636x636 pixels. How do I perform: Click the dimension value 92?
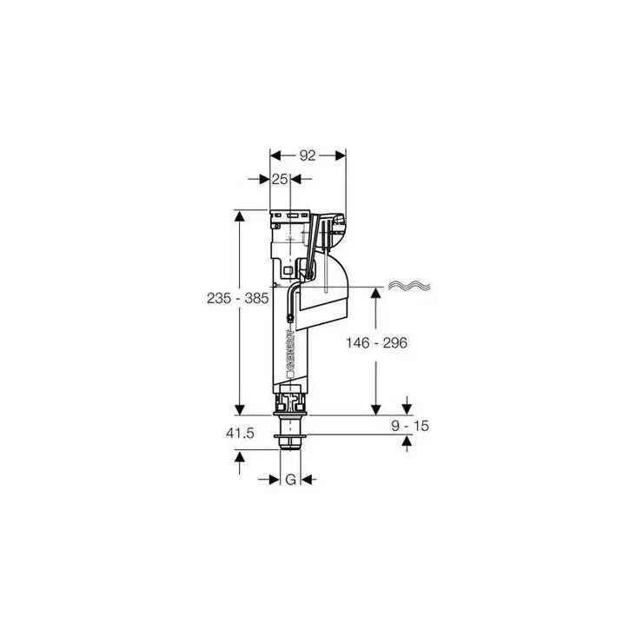coord(308,156)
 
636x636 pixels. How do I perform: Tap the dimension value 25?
coord(279,179)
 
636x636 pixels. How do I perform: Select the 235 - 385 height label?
coord(236,297)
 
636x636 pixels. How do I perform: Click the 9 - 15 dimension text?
coord(410,426)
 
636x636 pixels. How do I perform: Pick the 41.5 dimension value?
coord(238,434)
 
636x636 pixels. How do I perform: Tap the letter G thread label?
coord(291,479)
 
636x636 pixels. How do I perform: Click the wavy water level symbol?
coord(408,285)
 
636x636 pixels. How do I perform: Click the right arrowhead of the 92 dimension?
coord(341,156)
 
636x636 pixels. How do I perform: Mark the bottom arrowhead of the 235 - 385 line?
coord(238,409)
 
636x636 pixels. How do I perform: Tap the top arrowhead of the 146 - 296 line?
coord(375,291)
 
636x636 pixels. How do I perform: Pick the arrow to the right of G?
coord(308,479)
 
